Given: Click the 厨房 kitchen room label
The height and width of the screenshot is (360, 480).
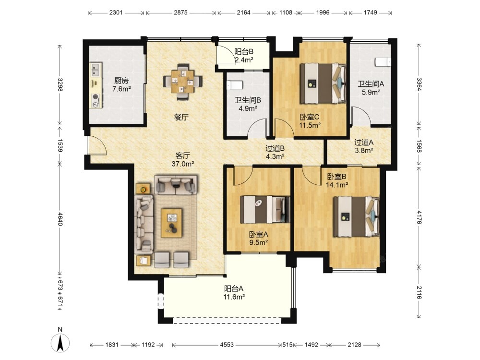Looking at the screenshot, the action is (121, 81).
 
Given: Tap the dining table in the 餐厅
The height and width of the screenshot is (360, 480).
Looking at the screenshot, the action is (182, 82).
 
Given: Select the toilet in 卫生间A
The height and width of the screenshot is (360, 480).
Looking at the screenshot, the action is (383, 62).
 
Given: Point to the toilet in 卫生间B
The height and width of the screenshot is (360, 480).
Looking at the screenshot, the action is (235, 85).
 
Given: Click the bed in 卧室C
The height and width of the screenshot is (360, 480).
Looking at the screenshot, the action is (323, 83).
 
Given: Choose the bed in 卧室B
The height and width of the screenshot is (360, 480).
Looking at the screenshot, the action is (356, 217).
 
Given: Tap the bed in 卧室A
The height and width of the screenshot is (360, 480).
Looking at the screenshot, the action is (265, 210).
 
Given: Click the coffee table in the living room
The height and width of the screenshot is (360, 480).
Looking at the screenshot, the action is (172, 223).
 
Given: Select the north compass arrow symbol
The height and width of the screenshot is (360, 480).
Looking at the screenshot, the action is (60, 343).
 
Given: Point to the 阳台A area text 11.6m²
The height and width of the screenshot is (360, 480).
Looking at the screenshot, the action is (234, 297).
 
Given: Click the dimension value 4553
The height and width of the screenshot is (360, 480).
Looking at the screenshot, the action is (227, 345).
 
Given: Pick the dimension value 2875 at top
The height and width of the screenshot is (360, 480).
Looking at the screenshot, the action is (180, 12).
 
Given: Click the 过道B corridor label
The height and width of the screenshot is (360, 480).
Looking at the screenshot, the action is (275, 148).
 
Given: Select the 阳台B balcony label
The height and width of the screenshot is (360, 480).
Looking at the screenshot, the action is (244, 52).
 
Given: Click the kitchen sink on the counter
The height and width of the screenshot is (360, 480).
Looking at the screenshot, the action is (96, 70).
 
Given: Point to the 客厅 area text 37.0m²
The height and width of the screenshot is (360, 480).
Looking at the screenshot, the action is (183, 164).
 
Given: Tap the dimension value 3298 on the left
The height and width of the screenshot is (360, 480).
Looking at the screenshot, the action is (60, 85).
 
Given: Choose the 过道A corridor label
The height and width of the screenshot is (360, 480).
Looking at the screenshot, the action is (364, 143).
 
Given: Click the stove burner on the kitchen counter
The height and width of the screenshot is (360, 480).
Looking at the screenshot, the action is (96, 101).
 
